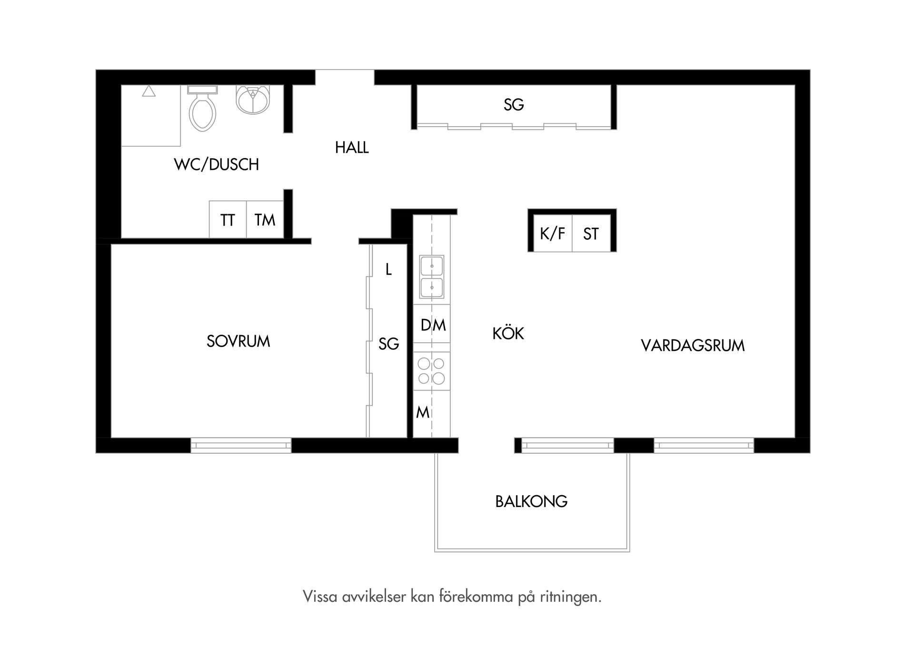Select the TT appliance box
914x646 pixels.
pyautogui.click(x=228, y=220)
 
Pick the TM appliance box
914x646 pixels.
pyautogui.click(x=265, y=220)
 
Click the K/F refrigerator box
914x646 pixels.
pyautogui.click(x=552, y=234)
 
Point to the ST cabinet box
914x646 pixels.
pyautogui.click(x=591, y=234)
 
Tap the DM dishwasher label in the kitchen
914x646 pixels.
pyautogui.click(x=433, y=326)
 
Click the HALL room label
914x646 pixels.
pyautogui.click(x=352, y=148)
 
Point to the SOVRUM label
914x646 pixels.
pyautogui.click(x=238, y=341)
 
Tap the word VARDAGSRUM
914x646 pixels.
pyautogui.click(x=693, y=346)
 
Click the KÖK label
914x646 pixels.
pyautogui.click(x=508, y=334)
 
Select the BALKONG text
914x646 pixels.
pyautogui.click(x=531, y=502)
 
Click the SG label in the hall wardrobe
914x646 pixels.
pyautogui.click(x=514, y=105)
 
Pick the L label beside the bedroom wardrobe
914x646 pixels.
pyautogui.click(x=388, y=270)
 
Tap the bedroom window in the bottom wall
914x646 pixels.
pyautogui.click(x=241, y=446)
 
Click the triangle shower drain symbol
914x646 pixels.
pyautogui.click(x=149, y=91)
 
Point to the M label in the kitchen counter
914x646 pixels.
pyautogui.click(x=422, y=412)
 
